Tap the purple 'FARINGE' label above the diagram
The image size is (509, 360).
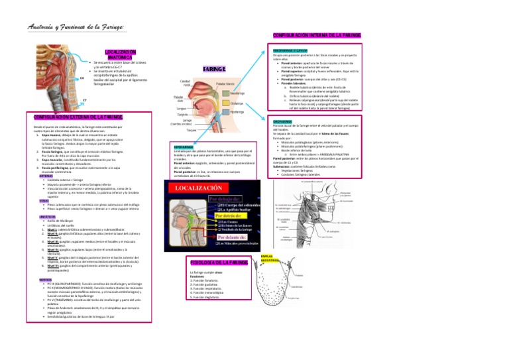tap(214, 68)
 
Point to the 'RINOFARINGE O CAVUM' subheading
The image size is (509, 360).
tap(289, 49)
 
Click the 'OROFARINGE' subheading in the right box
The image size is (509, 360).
tap(282, 121)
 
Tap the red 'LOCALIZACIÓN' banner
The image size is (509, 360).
tap(201, 188)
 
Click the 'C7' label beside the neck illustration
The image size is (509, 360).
tap(85, 99)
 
